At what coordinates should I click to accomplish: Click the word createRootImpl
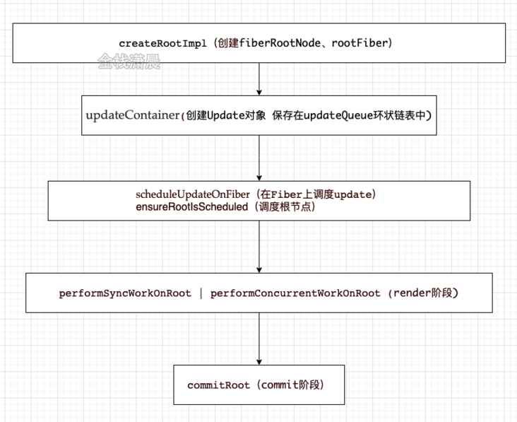click(x=162, y=43)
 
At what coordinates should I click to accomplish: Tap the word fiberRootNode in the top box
click(x=280, y=43)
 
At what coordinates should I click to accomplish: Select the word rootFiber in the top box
click(x=359, y=43)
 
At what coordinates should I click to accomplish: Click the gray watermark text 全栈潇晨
click(x=129, y=61)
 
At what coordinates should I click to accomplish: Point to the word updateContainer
click(x=133, y=115)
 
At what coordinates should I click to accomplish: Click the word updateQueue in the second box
click(x=338, y=115)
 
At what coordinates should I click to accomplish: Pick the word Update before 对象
click(x=225, y=115)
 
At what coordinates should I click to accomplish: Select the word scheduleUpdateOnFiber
click(x=193, y=194)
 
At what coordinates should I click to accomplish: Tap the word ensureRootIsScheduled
click(x=191, y=207)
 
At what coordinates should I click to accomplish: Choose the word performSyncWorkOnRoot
click(x=125, y=293)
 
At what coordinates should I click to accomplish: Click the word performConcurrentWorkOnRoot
click(x=295, y=293)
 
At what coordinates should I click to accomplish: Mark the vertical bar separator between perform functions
click(x=201, y=293)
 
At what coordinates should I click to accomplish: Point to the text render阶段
click(x=423, y=293)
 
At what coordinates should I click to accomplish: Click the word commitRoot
click(x=218, y=385)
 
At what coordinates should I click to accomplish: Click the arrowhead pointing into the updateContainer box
click(x=259, y=93)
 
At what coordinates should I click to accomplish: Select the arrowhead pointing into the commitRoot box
click(x=259, y=362)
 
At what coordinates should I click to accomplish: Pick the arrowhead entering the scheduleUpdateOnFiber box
click(x=259, y=178)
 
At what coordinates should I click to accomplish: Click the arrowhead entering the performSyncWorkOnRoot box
click(x=259, y=270)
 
